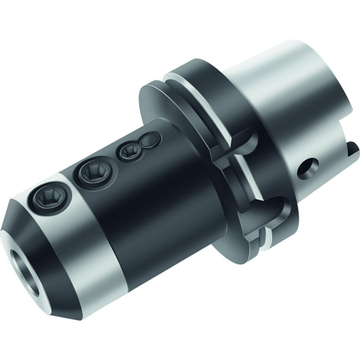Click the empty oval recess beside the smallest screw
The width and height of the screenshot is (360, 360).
150,140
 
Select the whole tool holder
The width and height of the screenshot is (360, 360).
181,181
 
